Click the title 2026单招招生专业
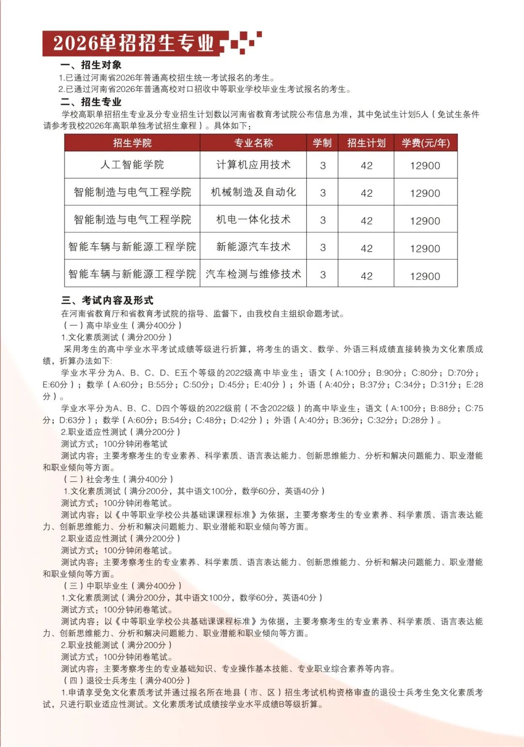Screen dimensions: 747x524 pyautogui.click(x=133, y=43)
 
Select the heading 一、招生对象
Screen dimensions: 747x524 pyautogui.click(x=91, y=65)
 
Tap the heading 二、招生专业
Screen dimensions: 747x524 pyautogui.click(x=91, y=102)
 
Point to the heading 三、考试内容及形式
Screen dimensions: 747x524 pyautogui.click(x=107, y=300)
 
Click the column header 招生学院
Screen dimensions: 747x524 pyautogui.click(x=132, y=143)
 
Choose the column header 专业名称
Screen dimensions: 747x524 pyautogui.click(x=253, y=143)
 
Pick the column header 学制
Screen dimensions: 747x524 pyautogui.click(x=322, y=143)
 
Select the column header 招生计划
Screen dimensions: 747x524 pyautogui.click(x=366, y=143)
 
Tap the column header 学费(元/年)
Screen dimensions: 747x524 pyautogui.click(x=426, y=143)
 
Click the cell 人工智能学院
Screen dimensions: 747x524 pyautogui.click(x=132, y=165)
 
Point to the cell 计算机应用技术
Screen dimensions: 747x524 pyautogui.click(x=253, y=165)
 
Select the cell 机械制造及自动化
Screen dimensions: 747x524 pyautogui.click(x=253, y=192)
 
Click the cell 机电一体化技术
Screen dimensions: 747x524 pyautogui.click(x=253, y=220)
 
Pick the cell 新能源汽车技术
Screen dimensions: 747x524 pyautogui.click(x=253, y=247)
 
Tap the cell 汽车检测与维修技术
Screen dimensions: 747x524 pyautogui.click(x=253, y=274)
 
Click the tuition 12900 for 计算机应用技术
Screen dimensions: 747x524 pyautogui.click(x=425, y=166)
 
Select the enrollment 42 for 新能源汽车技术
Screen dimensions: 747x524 pyautogui.click(x=366, y=248)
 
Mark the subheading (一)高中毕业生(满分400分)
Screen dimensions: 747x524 pyautogui.click(x=122, y=325)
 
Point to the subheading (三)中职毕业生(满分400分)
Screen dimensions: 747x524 pyautogui.click(x=122, y=586)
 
